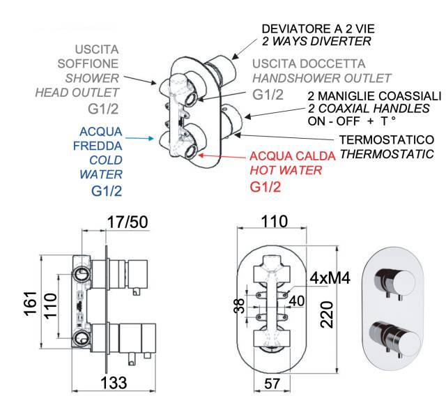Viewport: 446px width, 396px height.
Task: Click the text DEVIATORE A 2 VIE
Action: point(318,29)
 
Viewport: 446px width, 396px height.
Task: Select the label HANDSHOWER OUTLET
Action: point(321,77)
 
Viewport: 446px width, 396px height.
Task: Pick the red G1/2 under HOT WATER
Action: point(266,186)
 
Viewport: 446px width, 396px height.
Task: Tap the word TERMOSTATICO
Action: point(386,141)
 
